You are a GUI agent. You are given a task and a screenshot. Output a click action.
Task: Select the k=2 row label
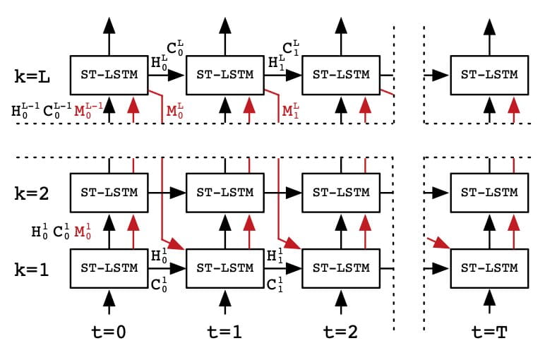click(33, 192)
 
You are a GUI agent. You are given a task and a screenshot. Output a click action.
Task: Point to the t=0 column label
click(109, 332)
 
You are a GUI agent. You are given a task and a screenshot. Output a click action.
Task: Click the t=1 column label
click(224, 332)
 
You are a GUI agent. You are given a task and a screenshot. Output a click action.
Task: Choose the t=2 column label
click(340, 332)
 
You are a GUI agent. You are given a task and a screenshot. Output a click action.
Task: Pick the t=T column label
click(489, 332)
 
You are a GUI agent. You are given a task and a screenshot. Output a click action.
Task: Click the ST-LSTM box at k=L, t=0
click(109, 74)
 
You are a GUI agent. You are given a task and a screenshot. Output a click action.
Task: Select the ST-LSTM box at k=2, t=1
click(224, 192)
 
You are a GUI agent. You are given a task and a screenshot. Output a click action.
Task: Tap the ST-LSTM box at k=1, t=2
click(340, 268)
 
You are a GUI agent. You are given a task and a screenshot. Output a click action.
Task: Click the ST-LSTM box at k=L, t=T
click(489, 74)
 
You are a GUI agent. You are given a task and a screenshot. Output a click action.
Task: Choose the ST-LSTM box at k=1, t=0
click(109, 268)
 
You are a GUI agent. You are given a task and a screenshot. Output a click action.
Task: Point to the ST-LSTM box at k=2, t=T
click(489, 192)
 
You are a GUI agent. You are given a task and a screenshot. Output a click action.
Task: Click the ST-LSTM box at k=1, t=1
click(224, 268)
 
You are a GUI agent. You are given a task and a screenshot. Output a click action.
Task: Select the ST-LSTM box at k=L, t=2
click(340, 74)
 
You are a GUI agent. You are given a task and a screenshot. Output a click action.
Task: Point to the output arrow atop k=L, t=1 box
click(224, 35)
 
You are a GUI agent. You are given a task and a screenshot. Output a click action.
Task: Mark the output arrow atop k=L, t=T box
click(489, 35)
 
